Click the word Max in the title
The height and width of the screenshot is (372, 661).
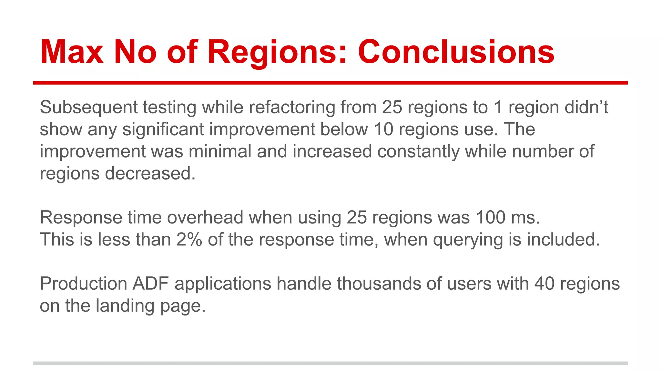tap(72, 52)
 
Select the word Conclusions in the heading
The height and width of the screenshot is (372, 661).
tap(456, 52)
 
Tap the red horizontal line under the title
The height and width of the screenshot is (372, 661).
tap(330, 83)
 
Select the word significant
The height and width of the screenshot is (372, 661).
tap(163, 129)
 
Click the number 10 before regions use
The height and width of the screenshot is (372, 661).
tap(383, 129)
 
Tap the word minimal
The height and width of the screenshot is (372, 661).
tap(220, 151)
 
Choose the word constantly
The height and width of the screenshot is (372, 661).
tap(418, 151)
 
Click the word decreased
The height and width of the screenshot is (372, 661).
tap(150, 174)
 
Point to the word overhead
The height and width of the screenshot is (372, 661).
tap(205, 218)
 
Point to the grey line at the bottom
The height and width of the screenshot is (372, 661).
tap(330, 363)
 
